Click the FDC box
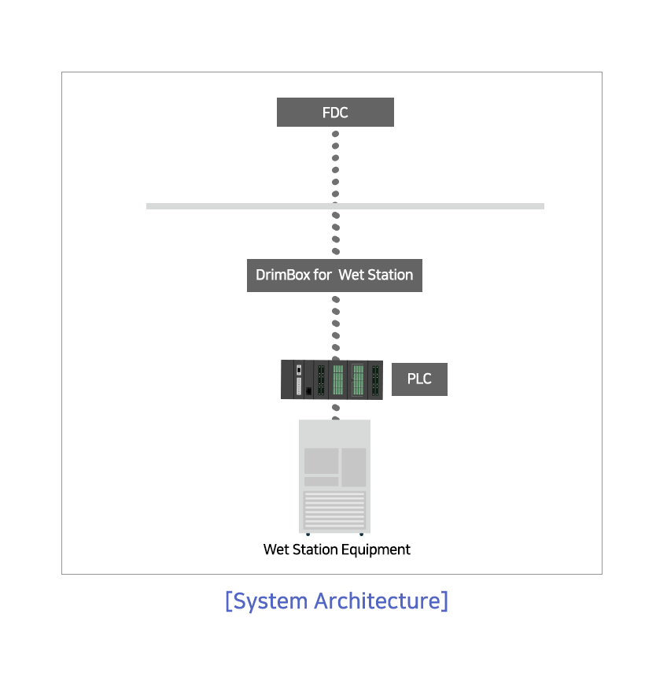335,113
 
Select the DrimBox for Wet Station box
334,276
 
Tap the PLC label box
419,379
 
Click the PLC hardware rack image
332,379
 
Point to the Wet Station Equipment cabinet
334,477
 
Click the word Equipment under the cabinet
376,550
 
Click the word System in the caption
271,601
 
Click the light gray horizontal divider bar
345,206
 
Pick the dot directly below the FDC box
336,134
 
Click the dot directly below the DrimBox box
336,299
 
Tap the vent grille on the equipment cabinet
334,510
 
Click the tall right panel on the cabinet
354,467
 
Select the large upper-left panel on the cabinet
322,461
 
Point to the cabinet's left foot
308,534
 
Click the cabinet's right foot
361,534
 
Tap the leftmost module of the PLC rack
287,379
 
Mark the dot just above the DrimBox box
336,251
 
